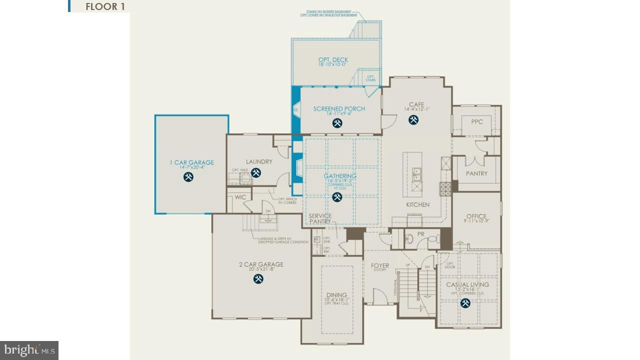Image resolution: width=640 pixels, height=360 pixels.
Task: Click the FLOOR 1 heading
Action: tap(105, 6)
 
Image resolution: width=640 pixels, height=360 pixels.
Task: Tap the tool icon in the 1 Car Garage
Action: tap(188, 176)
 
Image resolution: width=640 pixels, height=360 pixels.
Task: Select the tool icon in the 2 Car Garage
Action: tap(258, 279)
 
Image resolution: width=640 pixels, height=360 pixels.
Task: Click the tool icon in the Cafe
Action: tap(413, 119)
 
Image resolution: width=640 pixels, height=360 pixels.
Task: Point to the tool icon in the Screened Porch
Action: tap(337, 122)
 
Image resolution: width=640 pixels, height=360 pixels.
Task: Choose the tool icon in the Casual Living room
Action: tap(465, 303)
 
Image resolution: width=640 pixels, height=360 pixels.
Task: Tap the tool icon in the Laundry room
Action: tap(256, 173)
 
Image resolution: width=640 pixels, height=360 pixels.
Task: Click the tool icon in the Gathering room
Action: tap(337, 197)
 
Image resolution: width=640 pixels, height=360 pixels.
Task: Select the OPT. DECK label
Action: tap(333, 60)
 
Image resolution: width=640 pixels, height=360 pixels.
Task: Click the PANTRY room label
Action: tap(476, 173)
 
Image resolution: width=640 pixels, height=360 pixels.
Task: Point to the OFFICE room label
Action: tap(476, 216)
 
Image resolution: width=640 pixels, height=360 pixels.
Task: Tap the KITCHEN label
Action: tap(417, 204)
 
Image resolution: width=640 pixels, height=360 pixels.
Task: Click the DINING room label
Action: tap(336, 295)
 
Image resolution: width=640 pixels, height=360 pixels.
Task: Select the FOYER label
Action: tap(380, 265)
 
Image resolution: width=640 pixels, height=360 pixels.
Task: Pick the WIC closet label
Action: tap(240, 197)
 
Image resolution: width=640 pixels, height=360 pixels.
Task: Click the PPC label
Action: tap(477, 121)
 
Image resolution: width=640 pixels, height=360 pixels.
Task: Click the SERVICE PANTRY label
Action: tap(320, 218)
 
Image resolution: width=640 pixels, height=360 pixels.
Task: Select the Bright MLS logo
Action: tap(29, 350)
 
